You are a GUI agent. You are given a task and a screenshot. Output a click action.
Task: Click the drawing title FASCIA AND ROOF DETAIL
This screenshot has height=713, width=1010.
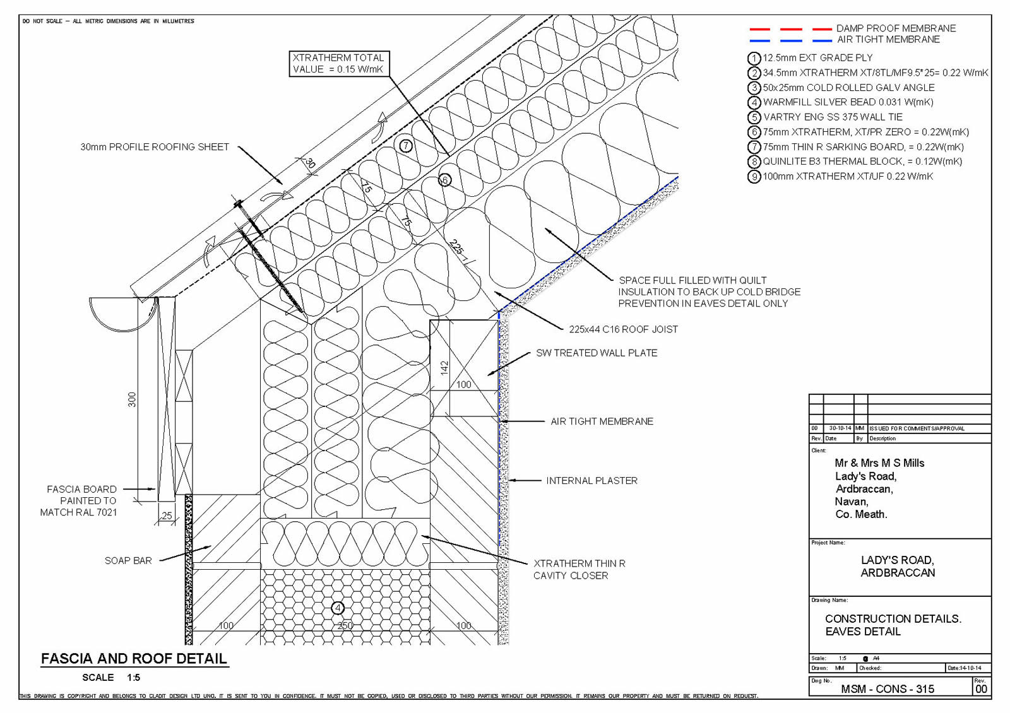[134, 659]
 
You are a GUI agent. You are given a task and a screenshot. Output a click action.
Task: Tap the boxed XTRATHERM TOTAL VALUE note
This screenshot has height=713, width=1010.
[338, 64]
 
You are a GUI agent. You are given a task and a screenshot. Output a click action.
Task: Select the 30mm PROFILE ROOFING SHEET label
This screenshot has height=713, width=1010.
[155, 147]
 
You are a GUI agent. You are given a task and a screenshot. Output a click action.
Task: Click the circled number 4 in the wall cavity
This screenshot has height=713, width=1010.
[338, 608]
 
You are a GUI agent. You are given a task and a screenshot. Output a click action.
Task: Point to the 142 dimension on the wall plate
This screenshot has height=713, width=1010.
[444, 368]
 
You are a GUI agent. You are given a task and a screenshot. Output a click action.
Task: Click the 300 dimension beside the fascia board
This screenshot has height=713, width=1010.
[132, 399]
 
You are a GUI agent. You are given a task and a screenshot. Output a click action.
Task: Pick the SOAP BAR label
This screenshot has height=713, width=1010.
[128, 561]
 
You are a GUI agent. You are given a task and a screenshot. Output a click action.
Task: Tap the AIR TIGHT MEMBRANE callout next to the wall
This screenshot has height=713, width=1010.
[602, 421]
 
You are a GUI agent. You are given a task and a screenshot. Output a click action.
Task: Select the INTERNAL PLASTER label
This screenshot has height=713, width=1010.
[591, 481]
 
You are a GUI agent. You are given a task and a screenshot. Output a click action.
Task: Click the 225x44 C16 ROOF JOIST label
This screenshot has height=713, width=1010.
[623, 329]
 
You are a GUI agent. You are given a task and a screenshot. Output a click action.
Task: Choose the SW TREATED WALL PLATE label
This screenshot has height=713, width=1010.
[597, 353]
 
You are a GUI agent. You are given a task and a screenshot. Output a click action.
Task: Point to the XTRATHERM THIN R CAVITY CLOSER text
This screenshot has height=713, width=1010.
[579, 569]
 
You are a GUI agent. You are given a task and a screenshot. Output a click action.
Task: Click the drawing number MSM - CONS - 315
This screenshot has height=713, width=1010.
[888, 689]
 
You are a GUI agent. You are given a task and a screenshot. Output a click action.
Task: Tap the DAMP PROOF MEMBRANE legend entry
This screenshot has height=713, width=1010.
[896, 28]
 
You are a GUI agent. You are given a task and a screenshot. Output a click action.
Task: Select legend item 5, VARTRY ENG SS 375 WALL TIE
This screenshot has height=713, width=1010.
[832, 117]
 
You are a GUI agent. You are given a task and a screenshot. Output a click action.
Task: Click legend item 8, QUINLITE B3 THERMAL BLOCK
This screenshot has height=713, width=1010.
[862, 162]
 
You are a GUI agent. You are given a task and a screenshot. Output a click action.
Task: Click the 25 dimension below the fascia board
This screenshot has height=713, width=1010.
[167, 516]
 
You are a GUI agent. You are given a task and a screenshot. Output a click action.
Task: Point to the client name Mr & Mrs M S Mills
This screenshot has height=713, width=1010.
[879, 463]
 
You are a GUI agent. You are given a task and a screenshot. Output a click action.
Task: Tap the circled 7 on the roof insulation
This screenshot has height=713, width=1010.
[406, 146]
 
